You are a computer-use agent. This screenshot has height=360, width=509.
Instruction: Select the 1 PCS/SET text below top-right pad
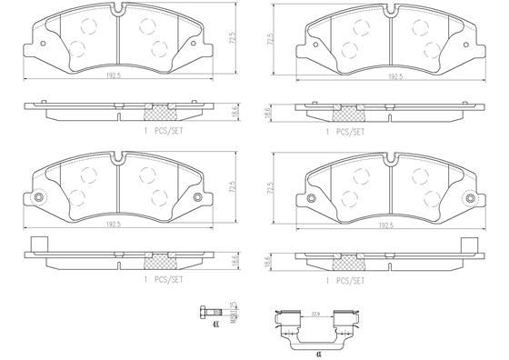pyautogui.click(x=346, y=131)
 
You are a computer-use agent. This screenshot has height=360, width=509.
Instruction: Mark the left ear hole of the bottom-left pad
pyautogui.click(x=38, y=199)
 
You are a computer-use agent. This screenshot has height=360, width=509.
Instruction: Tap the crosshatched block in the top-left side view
pyautogui.click(x=160, y=112)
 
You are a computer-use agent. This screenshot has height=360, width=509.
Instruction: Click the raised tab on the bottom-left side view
pyautogui.click(x=37, y=244)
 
